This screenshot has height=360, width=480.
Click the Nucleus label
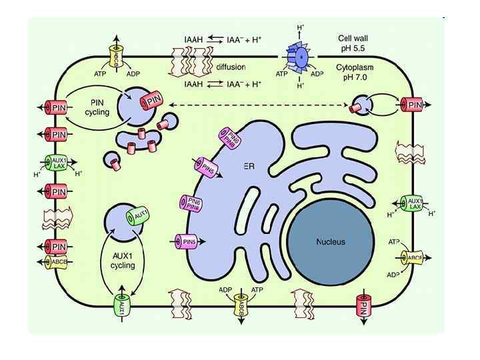pos(331,241)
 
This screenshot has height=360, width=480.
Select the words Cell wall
pos(353,39)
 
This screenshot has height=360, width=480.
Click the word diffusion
pos(231,67)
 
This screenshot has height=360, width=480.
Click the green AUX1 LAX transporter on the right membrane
pos(413,203)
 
